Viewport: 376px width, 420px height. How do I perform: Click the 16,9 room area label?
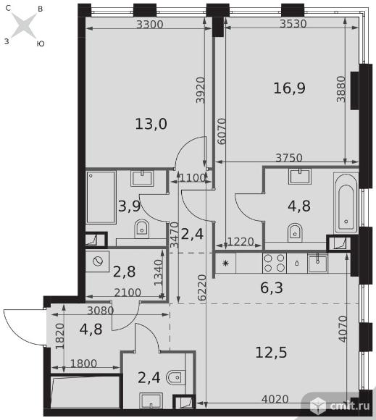(x=289, y=88)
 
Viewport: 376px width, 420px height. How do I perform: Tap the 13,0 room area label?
(x=151, y=124)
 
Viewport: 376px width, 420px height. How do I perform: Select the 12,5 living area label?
(x=271, y=352)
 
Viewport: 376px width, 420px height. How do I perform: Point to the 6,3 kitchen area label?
(x=272, y=287)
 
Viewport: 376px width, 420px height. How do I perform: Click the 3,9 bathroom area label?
(x=130, y=206)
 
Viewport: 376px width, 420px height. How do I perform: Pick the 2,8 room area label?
(x=124, y=272)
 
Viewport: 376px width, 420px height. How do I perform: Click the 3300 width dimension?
(x=150, y=25)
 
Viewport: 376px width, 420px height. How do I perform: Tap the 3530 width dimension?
(x=293, y=24)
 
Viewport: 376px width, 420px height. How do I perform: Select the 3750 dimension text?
(x=289, y=158)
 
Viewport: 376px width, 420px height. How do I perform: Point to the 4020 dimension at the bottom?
(x=275, y=399)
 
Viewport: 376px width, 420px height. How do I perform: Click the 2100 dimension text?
(x=128, y=293)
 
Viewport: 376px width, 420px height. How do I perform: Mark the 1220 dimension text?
(x=241, y=242)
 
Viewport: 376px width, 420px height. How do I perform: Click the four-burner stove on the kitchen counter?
(x=274, y=263)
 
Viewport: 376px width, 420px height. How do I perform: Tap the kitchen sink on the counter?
(x=317, y=264)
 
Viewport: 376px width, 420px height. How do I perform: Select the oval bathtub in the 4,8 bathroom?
(x=346, y=203)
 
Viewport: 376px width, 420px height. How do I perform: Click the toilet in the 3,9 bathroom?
(x=141, y=229)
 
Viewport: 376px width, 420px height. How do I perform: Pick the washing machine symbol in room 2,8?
(x=98, y=261)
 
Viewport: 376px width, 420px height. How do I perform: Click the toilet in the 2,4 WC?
(x=176, y=377)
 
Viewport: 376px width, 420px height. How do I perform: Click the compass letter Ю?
(x=41, y=43)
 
